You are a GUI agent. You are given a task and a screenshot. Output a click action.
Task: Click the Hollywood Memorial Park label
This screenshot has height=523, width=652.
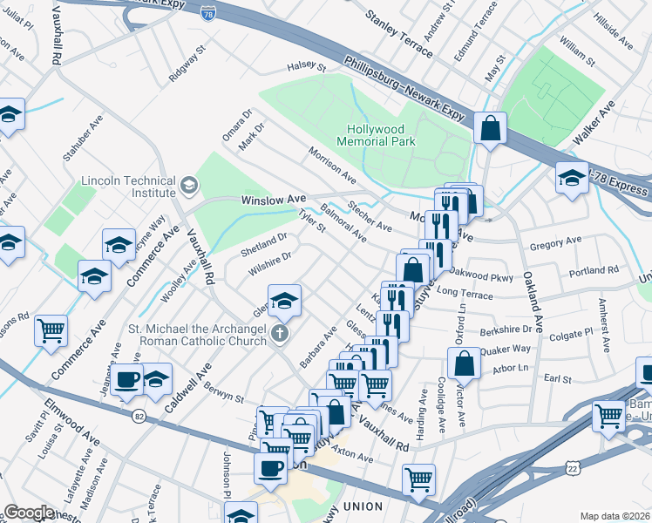tap(375, 134)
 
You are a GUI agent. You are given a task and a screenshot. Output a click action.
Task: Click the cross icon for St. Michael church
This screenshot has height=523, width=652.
tap(279, 332)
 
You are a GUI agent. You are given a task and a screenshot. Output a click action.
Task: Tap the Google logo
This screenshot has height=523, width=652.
tap(29, 513)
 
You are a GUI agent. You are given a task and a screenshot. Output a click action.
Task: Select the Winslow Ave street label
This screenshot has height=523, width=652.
tap(267, 200)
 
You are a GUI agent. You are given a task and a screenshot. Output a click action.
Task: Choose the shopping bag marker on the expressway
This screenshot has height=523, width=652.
tap(491, 129)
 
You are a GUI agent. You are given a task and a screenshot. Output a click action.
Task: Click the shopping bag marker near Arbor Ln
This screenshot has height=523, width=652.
tap(466, 363)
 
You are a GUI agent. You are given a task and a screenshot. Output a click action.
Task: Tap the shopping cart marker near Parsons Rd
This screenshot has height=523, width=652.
tap(51, 330)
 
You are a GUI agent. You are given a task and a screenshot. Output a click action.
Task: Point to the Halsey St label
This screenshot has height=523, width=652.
tap(306, 67)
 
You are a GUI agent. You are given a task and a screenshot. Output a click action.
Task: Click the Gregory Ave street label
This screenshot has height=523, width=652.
tap(560, 241)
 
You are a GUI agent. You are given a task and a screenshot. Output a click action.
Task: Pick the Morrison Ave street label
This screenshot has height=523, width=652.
tap(332, 165)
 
